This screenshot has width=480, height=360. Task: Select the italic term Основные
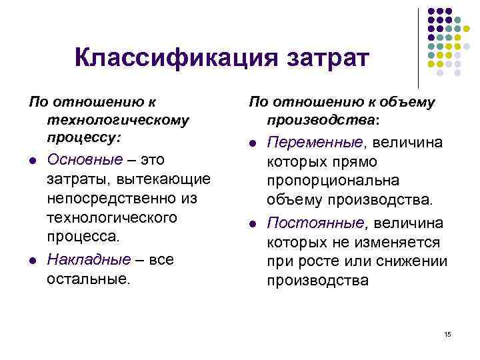tap(85, 160)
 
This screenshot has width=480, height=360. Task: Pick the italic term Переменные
tap(315, 142)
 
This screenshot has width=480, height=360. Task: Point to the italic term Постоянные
tap(315, 222)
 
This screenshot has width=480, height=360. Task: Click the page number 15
tap(447, 333)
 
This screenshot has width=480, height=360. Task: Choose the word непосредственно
tap(114, 199)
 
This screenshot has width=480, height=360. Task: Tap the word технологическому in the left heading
tap(118, 120)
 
